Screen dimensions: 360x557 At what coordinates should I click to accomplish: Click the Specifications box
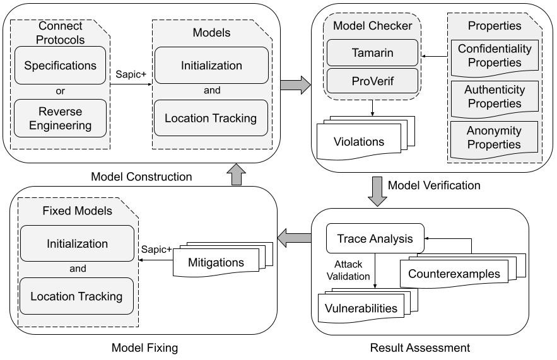pyautogui.click(x=60, y=66)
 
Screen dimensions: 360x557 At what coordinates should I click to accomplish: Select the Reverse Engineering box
pyautogui.click(x=60, y=119)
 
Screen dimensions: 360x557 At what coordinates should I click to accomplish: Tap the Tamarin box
pyautogui.click(x=372, y=53)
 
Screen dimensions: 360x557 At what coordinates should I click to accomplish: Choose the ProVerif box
pyautogui.click(x=372, y=80)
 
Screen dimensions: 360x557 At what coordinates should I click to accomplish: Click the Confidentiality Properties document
pyautogui.click(x=494, y=55)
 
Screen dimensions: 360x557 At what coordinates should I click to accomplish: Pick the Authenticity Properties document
pyautogui.click(x=494, y=96)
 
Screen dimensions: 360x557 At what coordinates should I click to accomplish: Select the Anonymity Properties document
pyautogui.click(x=494, y=137)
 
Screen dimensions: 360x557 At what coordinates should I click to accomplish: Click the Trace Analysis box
pyautogui.click(x=375, y=239)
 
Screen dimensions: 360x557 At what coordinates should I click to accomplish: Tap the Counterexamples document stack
pyautogui.click(x=454, y=273)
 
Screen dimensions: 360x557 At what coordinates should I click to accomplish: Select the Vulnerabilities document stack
pyautogui.click(x=361, y=308)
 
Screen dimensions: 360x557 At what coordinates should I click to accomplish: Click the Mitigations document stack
pyautogui.click(x=216, y=260)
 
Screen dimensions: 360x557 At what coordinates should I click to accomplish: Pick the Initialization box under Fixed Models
pyautogui.click(x=78, y=243)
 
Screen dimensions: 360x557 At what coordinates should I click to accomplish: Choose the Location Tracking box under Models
pyautogui.click(x=211, y=118)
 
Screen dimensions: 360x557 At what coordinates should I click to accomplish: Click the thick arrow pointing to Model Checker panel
pyautogui.click(x=295, y=84)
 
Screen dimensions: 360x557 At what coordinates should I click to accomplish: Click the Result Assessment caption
pyautogui.click(x=419, y=347)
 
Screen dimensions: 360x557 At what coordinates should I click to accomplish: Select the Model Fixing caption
pyautogui.click(x=144, y=347)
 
